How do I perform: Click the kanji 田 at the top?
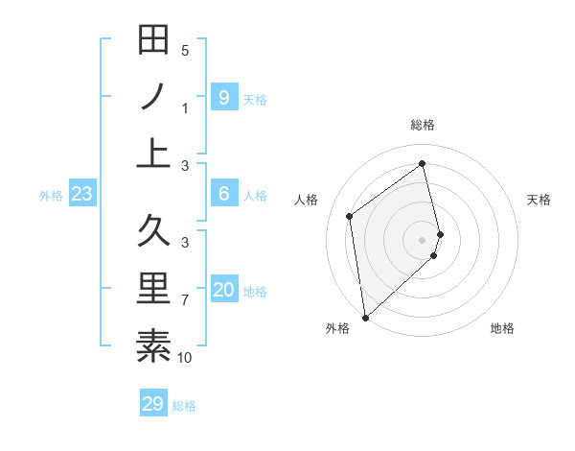pyautogui.click(x=153, y=40)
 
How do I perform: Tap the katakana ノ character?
pyautogui.click(x=153, y=97)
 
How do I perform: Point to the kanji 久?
pyautogui.click(x=153, y=231)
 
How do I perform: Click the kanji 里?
pyautogui.click(x=153, y=289)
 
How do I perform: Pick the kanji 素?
pyautogui.click(x=153, y=345)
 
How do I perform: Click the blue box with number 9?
pyautogui.click(x=223, y=97)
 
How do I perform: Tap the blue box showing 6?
pyautogui.click(x=223, y=194)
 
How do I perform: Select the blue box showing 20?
pyautogui.click(x=224, y=291)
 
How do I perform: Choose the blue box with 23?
pyautogui.click(x=82, y=195)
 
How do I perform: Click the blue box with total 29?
pyautogui.click(x=153, y=404)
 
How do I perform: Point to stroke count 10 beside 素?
pyautogui.click(x=185, y=359)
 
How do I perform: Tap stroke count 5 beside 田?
pyautogui.click(x=185, y=51)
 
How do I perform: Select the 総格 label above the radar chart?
pyautogui.click(x=423, y=125)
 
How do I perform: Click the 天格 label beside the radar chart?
pyautogui.click(x=539, y=200)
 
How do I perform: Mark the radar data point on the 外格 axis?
pyautogui.click(x=365, y=317)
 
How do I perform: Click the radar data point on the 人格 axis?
pyautogui.click(x=350, y=216)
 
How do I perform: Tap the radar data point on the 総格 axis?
pyautogui.click(x=423, y=164)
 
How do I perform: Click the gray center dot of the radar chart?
pyautogui.click(x=423, y=239)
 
